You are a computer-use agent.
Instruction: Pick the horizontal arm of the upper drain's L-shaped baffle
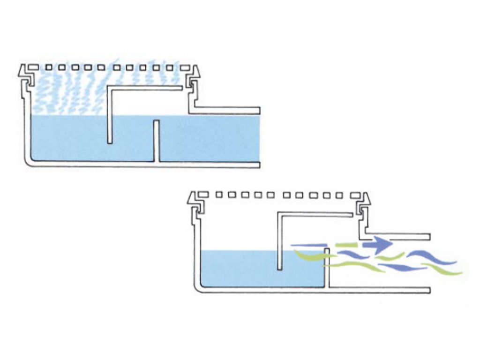(x=145, y=88)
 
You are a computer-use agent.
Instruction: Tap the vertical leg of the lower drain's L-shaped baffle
(x=280, y=241)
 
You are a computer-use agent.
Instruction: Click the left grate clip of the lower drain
(x=196, y=202)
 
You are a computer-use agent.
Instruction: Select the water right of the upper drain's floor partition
(x=209, y=138)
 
